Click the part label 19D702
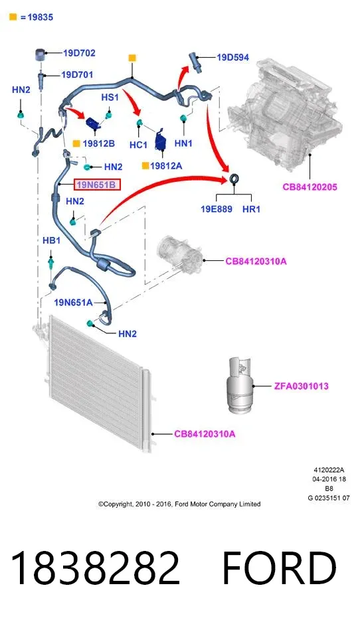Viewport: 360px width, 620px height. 79,53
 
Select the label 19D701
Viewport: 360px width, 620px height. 77,75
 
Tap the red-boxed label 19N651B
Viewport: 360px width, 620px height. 97,185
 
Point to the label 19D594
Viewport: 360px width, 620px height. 233,58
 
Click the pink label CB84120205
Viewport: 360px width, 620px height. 310,187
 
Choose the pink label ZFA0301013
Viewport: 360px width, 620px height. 301,386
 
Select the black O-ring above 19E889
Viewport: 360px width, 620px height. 234,179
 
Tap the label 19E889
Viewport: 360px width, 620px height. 217,209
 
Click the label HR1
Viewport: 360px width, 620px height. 252,209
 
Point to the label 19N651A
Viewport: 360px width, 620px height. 73,303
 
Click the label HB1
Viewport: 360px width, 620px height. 51,240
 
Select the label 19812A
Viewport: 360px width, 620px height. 166,166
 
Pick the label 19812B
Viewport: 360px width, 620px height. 98,143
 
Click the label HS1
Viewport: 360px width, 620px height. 110,98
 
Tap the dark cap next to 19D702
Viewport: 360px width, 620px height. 41,54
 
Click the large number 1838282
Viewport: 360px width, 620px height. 95,568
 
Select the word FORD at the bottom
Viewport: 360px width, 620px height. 279,568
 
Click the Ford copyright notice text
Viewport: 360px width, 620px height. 179,504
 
